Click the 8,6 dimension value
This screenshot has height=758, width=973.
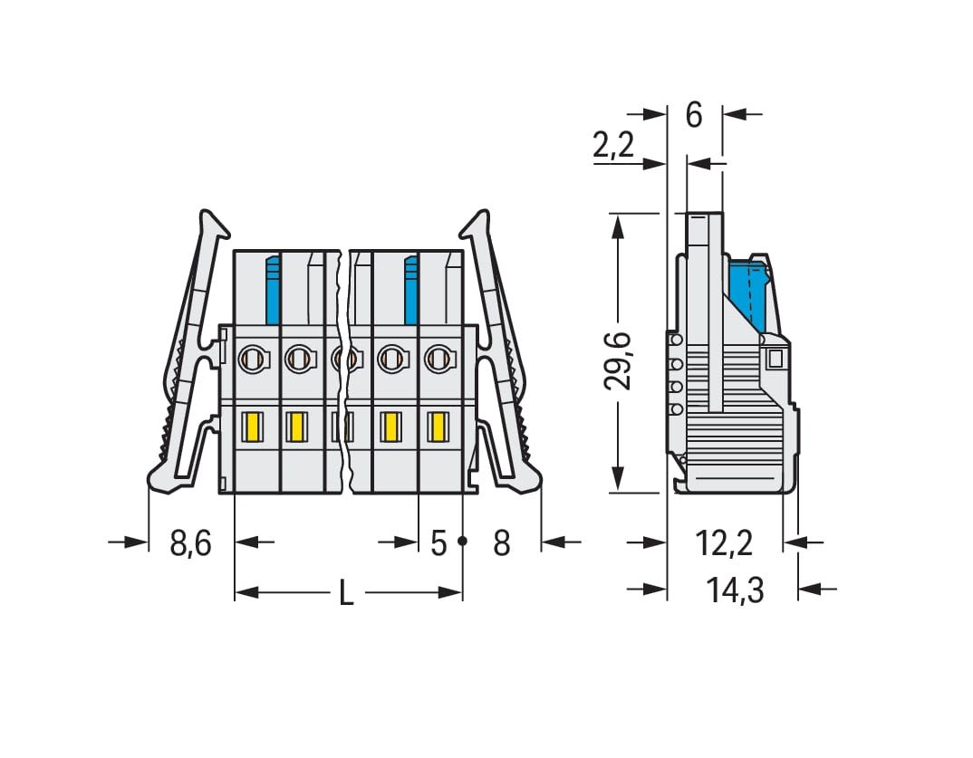point(190,543)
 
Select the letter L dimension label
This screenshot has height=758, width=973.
point(346,593)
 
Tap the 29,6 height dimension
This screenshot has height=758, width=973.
point(618,361)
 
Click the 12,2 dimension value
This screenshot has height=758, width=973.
point(724,543)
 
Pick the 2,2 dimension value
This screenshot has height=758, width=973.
point(613,145)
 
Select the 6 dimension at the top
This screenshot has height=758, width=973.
point(694,115)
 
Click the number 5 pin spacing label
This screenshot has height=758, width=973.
point(438,543)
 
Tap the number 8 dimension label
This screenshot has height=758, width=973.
point(501,543)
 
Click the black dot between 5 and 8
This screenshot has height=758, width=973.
point(462,542)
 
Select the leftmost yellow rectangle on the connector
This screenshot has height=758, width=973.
point(253,427)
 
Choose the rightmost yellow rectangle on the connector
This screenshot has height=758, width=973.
point(438,427)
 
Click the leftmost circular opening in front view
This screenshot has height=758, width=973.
point(253,358)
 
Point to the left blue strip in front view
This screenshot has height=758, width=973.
point(273,290)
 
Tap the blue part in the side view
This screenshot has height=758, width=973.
point(747,294)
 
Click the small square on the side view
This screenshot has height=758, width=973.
point(775,359)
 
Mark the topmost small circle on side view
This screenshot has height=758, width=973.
point(676,340)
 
